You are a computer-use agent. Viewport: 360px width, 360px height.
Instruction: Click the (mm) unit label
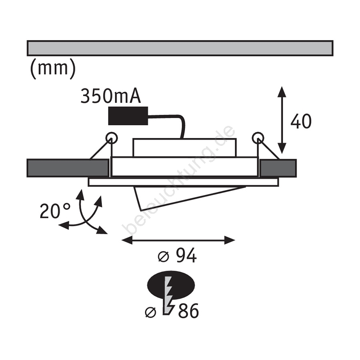pyautogui.click(x=53, y=68)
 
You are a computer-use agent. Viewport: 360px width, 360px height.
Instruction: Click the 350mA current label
pyautogui.click(x=110, y=96)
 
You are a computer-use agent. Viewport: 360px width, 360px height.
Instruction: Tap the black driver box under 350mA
pyautogui.click(x=128, y=116)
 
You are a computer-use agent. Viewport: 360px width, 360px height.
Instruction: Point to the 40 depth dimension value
pyautogui.click(x=301, y=121)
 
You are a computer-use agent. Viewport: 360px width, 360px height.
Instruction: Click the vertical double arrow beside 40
pyautogui.click(x=282, y=120)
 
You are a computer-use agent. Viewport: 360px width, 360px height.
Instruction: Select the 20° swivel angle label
pyautogui.click(x=55, y=211)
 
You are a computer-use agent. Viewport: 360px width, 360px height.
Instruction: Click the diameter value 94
pyautogui.click(x=186, y=255)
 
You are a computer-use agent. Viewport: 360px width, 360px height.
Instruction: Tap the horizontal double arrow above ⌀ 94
pyautogui.click(x=178, y=240)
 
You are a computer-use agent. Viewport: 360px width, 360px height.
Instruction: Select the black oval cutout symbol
pyautogui.click(x=171, y=285)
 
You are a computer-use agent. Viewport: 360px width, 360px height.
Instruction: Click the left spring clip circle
pyautogui.click(x=112, y=138)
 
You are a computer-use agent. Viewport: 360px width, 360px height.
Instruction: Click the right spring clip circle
pyautogui.click(x=258, y=138)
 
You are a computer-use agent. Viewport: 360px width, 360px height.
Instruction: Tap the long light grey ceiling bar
pyautogui.click(x=180, y=48)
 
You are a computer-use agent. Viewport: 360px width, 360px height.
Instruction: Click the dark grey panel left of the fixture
pyautogui.click(x=68, y=168)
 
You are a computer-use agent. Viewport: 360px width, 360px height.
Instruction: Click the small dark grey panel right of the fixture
pyautogui.click(x=278, y=168)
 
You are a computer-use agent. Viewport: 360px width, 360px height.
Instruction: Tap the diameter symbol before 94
pyautogui.click(x=164, y=256)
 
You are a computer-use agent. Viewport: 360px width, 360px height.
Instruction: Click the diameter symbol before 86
pyautogui.click(x=151, y=312)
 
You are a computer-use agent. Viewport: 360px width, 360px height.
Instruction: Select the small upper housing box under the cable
pyautogui.click(x=184, y=147)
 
